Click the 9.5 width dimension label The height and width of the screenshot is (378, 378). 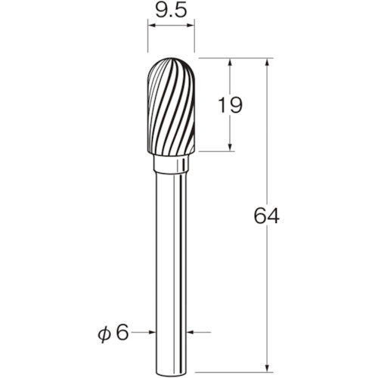171,11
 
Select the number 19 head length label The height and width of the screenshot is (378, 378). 230,105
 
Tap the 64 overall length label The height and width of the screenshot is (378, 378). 266,215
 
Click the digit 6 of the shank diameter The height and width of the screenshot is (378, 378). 122,332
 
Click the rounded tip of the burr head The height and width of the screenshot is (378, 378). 171,58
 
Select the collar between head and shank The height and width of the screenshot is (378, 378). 171,164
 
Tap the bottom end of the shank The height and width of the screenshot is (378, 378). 171,371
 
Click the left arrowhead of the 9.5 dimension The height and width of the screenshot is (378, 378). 152,25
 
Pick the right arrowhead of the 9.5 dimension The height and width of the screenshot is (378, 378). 191,25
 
